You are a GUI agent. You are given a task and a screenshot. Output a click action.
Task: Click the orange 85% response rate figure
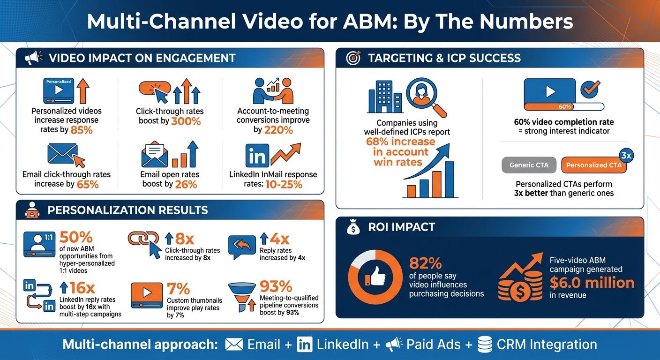click(x=81, y=130)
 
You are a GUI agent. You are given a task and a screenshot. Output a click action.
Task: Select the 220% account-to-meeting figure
click(x=279, y=130)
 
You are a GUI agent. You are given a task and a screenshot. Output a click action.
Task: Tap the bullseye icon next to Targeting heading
click(x=353, y=58)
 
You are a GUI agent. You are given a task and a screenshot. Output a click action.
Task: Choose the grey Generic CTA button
click(x=529, y=165)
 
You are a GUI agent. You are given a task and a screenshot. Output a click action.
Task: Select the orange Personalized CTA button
click(x=593, y=165)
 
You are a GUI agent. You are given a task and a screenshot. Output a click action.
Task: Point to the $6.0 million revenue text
click(x=592, y=283)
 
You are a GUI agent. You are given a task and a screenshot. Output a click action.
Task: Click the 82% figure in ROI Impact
click(x=425, y=263)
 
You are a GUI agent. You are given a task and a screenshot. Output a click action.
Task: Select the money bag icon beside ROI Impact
click(x=353, y=228)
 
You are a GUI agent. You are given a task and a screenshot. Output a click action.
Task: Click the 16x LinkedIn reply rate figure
click(x=82, y=287)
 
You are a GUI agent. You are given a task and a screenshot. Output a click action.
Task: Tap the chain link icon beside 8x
click(x=141, y=240)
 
